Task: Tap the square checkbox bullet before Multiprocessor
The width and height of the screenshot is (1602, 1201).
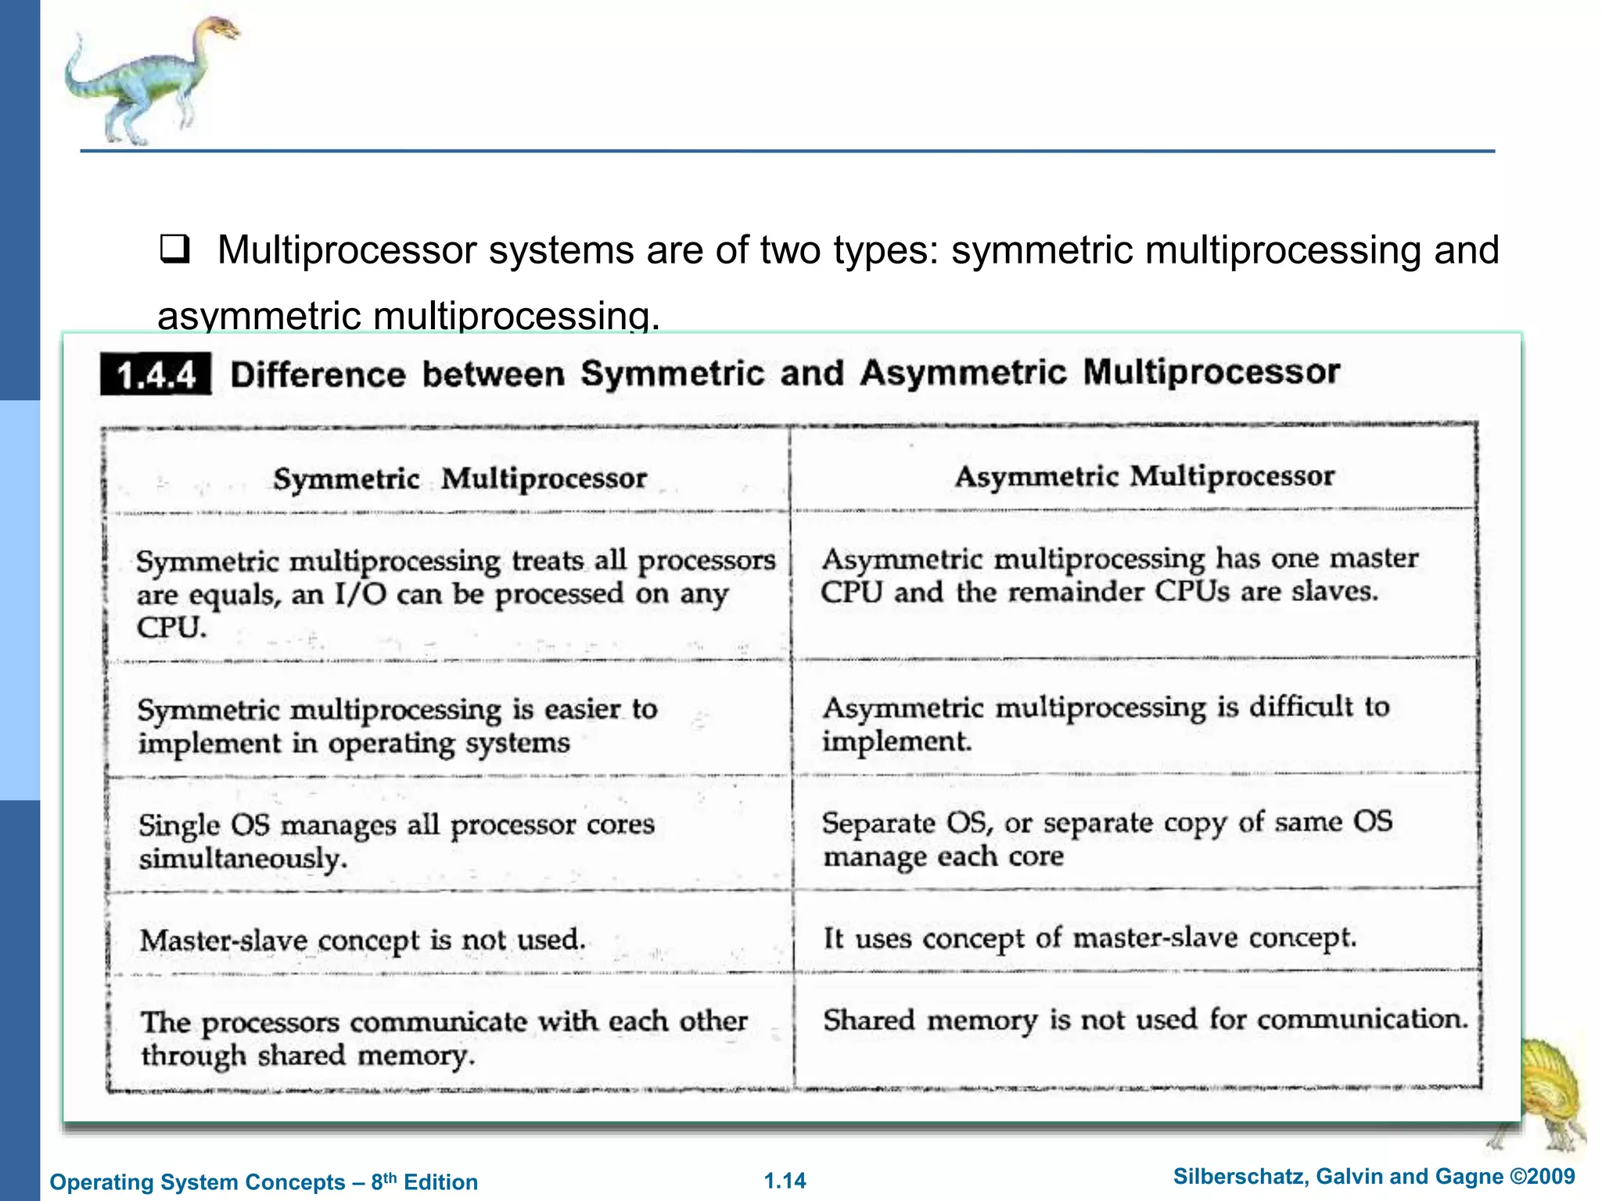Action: coord(174,249)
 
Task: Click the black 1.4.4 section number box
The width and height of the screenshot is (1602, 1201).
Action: coord(156,375)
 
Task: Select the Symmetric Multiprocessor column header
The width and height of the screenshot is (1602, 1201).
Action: coord(460,478)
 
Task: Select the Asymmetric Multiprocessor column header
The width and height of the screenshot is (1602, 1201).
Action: coord(1144,475)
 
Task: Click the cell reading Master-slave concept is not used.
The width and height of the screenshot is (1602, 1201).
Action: coord(363,939)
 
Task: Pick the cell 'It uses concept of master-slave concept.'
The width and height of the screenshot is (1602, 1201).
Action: coord(1089,937)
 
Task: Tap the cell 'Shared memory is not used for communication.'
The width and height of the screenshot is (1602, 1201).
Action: coord(1145,1019)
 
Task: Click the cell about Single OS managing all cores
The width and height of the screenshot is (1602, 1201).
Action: coord(397,841)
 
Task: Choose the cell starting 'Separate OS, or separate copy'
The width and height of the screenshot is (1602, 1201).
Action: coord(1107,838)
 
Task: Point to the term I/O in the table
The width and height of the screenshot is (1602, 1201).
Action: coord(361,594)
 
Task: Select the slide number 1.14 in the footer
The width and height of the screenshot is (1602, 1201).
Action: coord(785,1181)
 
